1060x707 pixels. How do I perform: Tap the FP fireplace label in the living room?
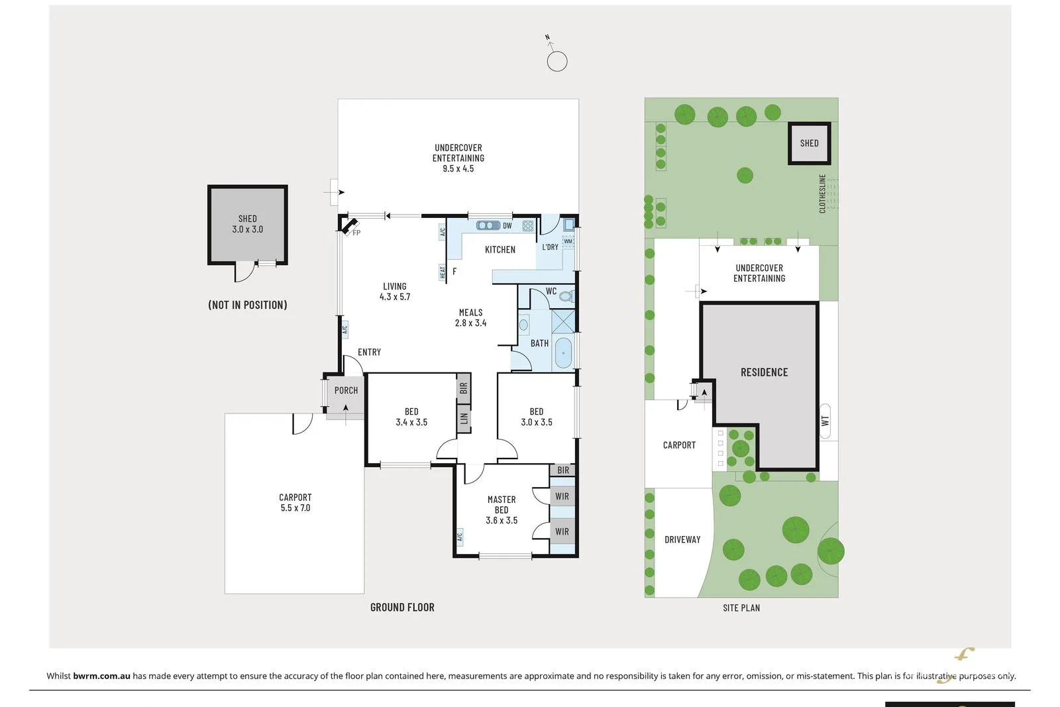point(356,233)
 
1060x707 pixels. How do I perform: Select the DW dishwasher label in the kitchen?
point(507,226)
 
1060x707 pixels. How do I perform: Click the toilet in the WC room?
point(566,296)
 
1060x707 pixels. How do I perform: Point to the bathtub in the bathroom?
point(563,353)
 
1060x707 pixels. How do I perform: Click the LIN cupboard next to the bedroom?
point(464,418)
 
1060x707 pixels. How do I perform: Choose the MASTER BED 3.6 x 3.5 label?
point(502,510)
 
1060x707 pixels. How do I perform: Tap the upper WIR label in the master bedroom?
point(562,496)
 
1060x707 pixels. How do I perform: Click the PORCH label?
point(346,390)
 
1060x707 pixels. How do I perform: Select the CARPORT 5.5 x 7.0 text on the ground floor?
point(295,502)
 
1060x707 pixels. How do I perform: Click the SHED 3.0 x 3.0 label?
point(247,224)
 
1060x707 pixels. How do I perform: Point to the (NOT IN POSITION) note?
point(247,305)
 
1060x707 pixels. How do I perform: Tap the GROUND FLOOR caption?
point(402,607)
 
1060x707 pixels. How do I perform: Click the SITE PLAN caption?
point(741,608)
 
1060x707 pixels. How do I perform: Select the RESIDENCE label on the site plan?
point(764,372)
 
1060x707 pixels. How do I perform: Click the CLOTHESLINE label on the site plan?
point(823,193)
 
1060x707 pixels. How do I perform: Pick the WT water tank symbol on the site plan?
point(825,421)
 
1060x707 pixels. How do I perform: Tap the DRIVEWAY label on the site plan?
point(682,539)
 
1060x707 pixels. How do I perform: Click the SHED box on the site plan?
point(809,143)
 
